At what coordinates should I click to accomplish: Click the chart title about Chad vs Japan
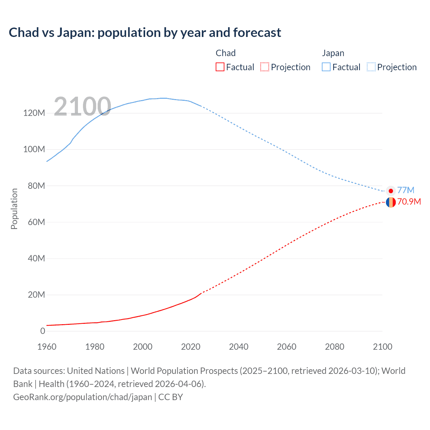click(145, 33)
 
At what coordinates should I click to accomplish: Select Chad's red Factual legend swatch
click(220, 67)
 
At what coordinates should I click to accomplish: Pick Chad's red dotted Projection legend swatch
click(265, 67)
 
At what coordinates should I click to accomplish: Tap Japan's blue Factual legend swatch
click(326, 67)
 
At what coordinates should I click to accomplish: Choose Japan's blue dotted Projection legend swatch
click(371, 67)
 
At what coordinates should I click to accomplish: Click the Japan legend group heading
click(333, 53)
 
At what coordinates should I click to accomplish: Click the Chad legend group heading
click(225, 53)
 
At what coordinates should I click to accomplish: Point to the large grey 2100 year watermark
click(82, 106)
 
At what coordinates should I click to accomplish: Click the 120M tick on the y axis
click(34, 113)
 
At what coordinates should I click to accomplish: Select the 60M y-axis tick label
click(36, 222)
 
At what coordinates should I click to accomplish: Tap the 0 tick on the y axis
click(43, 331)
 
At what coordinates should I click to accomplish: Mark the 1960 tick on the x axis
click(47, 347)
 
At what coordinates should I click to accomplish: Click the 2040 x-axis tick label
click(239, 347)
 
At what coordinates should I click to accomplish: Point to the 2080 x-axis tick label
click(335, 347)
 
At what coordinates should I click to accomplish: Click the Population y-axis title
click(14, 209)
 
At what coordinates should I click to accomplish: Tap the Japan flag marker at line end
click(391, 191)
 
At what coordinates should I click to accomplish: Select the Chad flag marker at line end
click(391, 202)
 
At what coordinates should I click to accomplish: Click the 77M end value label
click(406, 190)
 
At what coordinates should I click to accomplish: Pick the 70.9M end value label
click(409, 202)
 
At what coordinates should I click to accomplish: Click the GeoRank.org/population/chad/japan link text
click(83, 397)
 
